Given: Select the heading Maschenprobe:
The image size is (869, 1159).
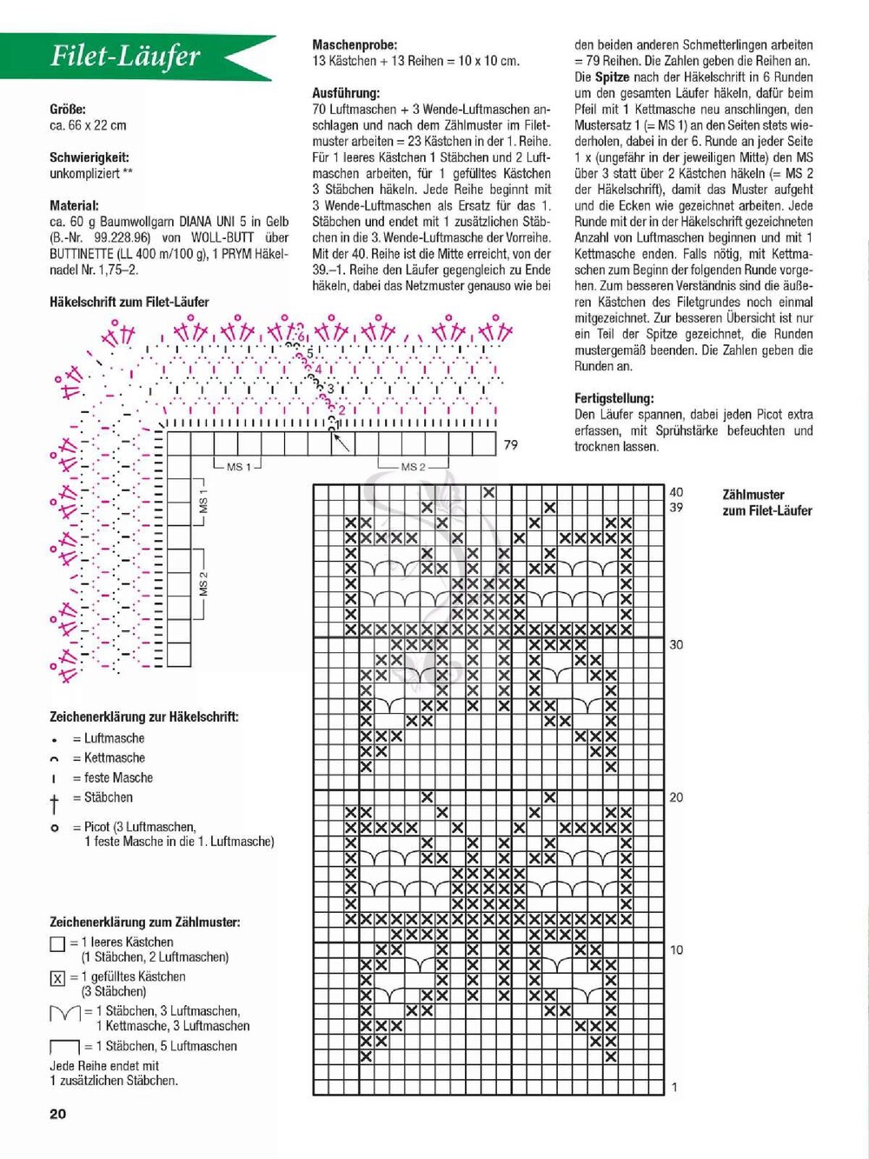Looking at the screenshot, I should click(355, 44).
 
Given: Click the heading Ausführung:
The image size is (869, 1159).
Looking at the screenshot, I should click(345, 93).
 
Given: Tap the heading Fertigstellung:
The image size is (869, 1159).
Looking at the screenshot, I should click(614, 398).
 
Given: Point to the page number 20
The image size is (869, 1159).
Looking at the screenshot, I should click(57, 1114).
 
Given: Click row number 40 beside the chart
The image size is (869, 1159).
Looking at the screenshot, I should click(676, 492).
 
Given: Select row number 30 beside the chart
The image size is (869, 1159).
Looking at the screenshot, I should click(676, 644).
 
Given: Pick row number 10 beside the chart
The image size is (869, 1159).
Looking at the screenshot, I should click(676, 949).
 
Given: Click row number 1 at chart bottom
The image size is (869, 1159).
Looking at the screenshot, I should click(674, 1087).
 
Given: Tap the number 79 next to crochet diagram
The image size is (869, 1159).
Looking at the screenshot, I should click(510, 444).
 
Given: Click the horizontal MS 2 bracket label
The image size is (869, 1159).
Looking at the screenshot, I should click(413, 467).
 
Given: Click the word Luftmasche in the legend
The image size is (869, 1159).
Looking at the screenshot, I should click(114, 738).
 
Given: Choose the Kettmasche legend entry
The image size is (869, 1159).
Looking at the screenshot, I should click(114, 758).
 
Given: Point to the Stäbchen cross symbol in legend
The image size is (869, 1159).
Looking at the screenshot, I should click(55, 802).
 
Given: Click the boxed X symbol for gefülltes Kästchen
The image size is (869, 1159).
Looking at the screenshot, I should click(57, 979).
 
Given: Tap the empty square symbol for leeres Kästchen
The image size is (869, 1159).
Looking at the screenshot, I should click(57, 944).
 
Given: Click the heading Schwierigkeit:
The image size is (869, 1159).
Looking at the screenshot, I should click(90, 157).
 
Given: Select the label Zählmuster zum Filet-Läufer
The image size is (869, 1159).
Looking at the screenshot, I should click(766, 503).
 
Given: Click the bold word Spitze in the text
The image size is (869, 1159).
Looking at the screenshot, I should click(612, 77).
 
